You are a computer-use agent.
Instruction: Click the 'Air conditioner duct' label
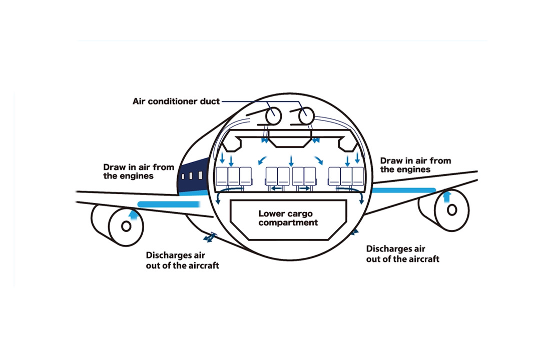point(176,101)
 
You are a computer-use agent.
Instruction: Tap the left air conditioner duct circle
point(273,115)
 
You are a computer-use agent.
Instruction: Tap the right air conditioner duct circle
point(306,116)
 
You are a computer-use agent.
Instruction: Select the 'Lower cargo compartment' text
point(288,218)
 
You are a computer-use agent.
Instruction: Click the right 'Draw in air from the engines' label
point(415,165)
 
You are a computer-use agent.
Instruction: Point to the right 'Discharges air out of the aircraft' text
point(403,253)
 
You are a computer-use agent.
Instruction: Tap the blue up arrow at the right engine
point(448,195)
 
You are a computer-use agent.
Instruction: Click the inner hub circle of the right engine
point(452,209)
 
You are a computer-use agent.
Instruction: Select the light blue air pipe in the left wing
point(168,204)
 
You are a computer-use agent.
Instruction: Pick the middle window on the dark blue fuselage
point(191,176)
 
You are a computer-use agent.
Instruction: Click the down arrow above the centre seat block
point(291,161)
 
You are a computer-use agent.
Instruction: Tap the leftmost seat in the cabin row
point(222,176)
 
